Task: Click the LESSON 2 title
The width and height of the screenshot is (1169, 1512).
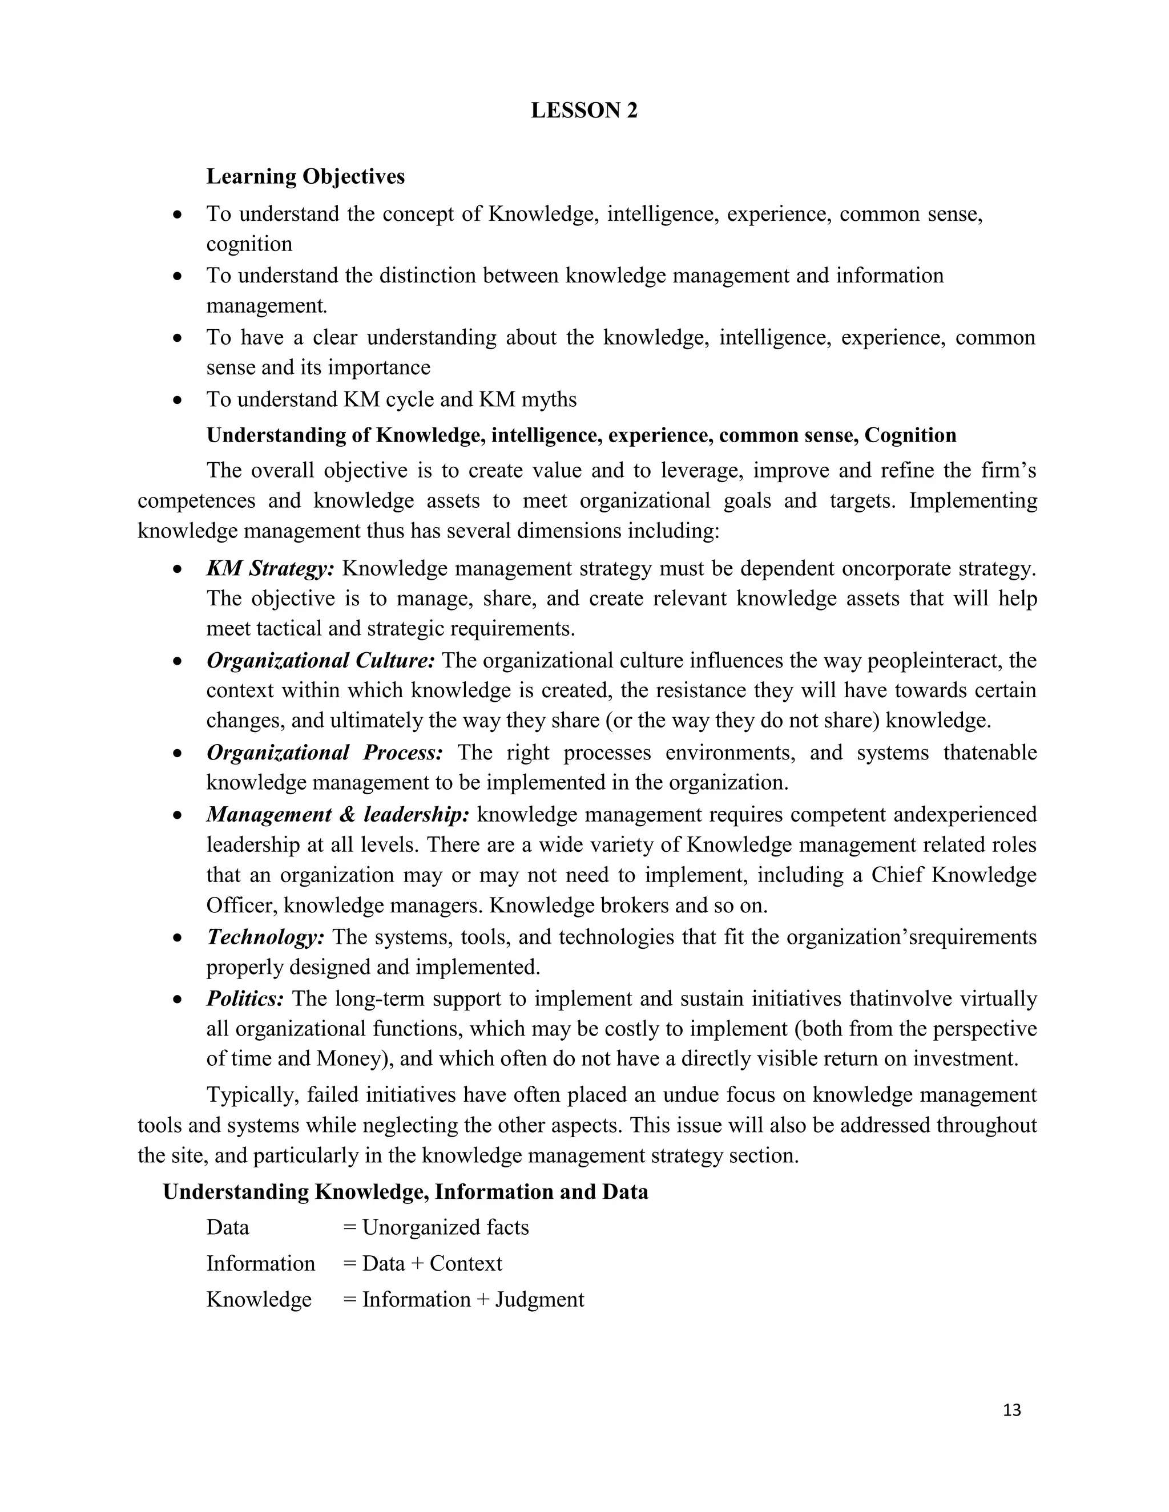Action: coord(584,111)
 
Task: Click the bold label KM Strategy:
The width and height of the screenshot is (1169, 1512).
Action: coord(270,568)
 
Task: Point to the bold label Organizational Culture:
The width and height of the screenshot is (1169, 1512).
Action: coord(320,661)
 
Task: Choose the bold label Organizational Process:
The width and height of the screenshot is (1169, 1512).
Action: coord(324,753)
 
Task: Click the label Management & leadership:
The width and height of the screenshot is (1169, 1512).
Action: coord(338,814)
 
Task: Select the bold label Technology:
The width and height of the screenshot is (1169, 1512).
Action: coord(265,937)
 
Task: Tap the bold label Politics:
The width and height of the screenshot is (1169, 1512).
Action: coord(245,999)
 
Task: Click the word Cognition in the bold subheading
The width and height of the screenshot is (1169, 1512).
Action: coord(910,435)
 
